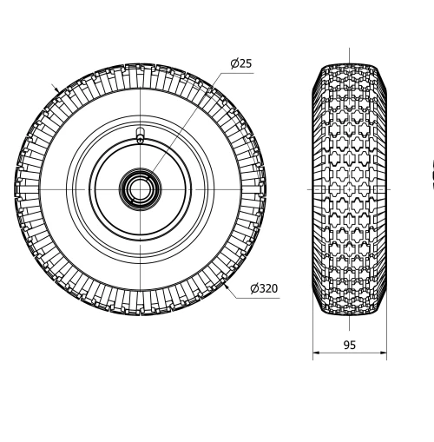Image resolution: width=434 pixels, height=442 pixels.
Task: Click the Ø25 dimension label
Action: tap(240, 63)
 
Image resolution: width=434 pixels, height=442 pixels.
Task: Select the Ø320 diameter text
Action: tap(264, 288)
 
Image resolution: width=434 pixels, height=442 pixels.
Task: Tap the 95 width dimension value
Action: tap(349, 345)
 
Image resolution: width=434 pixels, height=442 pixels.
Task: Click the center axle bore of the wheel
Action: tap(140, 188)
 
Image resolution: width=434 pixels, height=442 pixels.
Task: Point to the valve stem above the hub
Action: tap(140, 135)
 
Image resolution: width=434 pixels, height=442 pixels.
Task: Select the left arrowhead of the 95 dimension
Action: tap(316, 353)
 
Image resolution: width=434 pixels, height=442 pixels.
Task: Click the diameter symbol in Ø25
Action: tap(234, 63)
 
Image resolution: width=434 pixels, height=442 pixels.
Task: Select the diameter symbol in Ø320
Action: tap(254, 288)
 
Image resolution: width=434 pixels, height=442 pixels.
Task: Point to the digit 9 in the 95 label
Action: tap(345, 345)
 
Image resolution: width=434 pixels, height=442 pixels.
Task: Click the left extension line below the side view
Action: tap(312, 339)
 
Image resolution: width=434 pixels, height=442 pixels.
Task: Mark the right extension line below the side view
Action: tap(386, 339)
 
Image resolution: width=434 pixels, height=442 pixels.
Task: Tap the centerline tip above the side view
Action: tap(350, 49)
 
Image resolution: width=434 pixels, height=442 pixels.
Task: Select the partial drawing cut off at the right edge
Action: tap(431, 178)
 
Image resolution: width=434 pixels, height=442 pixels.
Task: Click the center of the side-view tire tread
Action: tap(350, 188)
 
